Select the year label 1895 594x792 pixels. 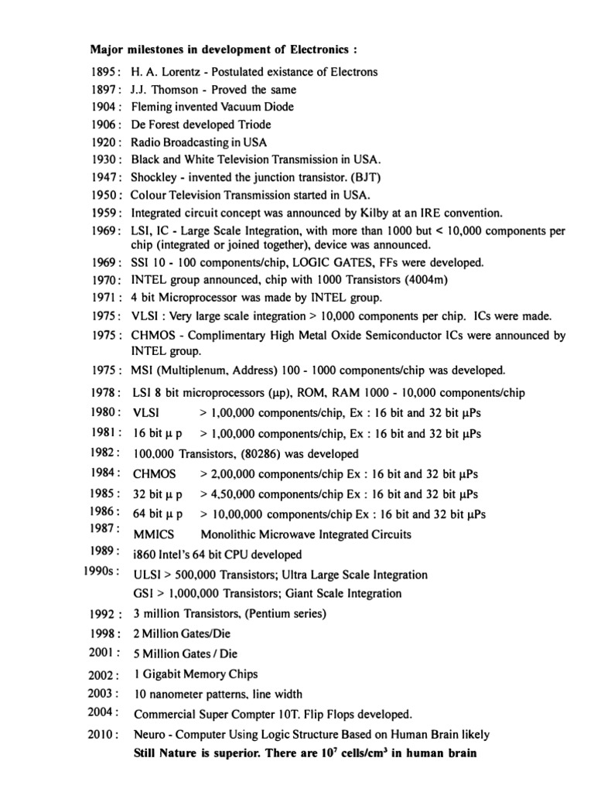click(104, 72)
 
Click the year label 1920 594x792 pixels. click(104, 142)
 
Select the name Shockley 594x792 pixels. click(156, 177)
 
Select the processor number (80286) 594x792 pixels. click(240, 453)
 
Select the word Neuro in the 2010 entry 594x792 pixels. click(149, 734)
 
